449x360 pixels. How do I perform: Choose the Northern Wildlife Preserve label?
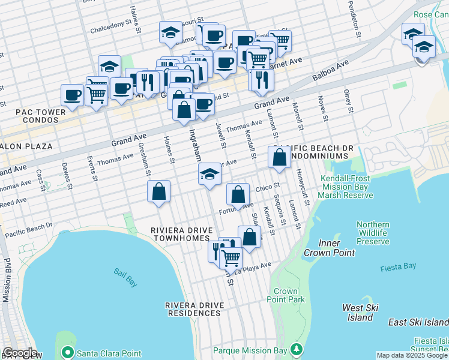373,233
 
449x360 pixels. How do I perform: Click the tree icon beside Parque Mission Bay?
295,349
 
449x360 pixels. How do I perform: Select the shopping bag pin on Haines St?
159,192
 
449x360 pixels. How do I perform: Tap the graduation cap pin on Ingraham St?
209,174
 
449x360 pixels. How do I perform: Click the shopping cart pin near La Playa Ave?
231,257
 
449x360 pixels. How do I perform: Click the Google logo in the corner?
19,353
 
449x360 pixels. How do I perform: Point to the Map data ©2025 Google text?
411,355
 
